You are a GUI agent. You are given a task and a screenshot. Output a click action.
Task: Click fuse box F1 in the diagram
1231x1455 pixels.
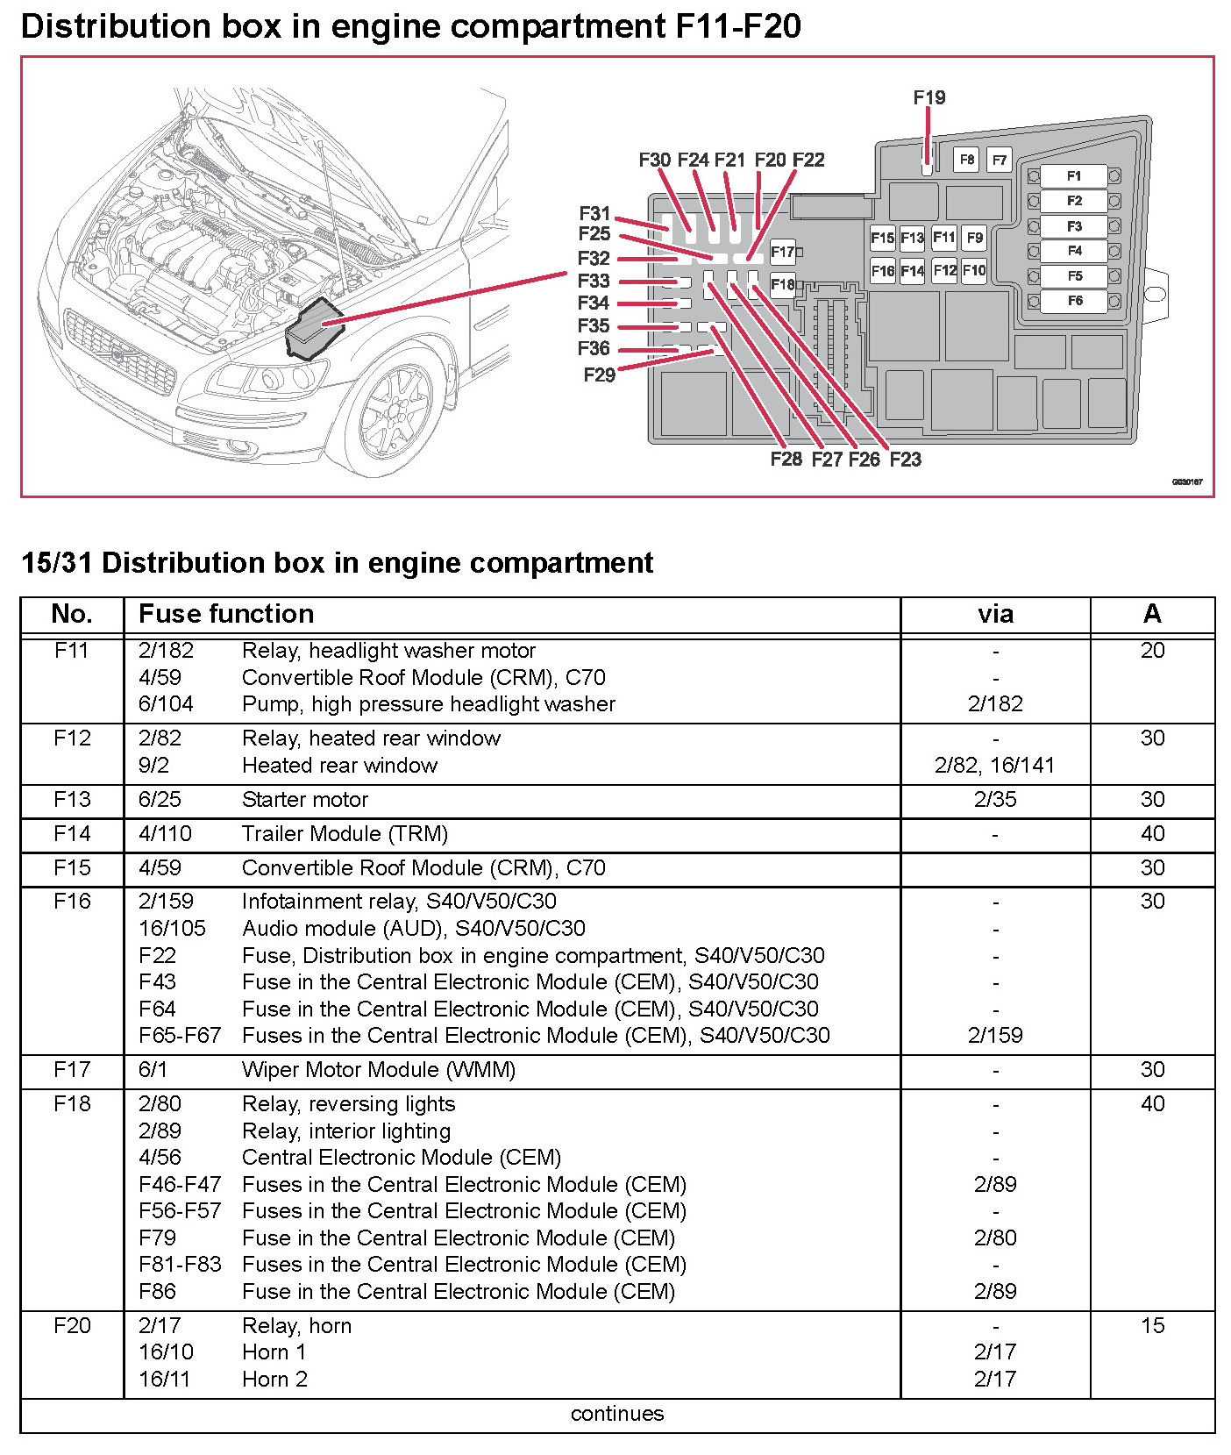coord(1073,176)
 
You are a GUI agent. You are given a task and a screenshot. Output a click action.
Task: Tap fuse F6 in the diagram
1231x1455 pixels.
coord(1073,301)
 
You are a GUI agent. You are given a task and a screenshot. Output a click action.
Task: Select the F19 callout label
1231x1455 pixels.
coord(929,97)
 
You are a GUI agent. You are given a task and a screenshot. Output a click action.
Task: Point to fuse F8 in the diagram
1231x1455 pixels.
coord(966,160)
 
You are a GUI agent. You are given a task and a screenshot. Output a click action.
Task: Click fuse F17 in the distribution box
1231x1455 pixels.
coord(781,252)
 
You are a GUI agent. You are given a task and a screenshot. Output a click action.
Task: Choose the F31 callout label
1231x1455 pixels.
coord(594,213)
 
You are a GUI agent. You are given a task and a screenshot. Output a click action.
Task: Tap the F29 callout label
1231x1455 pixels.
coord(599,375)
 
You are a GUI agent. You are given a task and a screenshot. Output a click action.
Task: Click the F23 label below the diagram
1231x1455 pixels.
coord(905,460)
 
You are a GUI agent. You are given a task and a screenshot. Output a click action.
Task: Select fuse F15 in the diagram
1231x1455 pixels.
coord(882,238)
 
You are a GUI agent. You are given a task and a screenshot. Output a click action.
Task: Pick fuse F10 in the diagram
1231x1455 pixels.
coord(974,270)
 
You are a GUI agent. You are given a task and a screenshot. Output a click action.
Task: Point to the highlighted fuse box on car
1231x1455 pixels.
coord(314,329)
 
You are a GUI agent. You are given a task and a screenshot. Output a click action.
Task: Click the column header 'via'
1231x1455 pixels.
coord(995,614)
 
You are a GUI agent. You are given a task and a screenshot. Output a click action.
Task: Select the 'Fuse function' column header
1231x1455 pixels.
coord(226,614)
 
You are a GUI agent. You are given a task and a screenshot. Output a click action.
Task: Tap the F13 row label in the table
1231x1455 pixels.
coord(72,800)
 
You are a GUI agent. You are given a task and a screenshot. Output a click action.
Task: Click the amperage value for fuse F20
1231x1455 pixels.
coord(1152,1325)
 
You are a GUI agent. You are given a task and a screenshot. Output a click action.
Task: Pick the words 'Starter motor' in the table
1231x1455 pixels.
coord(305,800)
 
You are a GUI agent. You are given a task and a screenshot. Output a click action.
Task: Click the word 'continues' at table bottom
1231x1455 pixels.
coord(617,1414)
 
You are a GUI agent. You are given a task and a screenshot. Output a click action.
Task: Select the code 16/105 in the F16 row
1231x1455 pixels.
coord(172,929)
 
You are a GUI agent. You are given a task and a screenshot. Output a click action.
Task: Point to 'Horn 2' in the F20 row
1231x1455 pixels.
coord(274,1380)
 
